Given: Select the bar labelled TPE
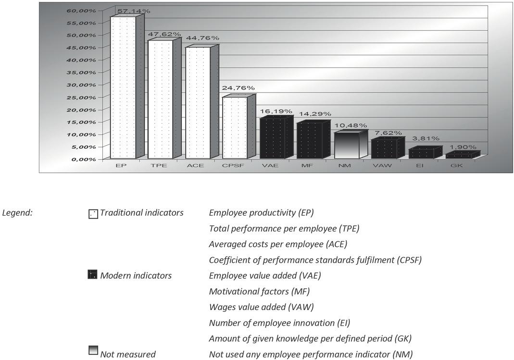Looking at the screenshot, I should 160,99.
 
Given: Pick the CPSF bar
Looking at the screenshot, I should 235,128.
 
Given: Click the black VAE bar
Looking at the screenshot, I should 272,138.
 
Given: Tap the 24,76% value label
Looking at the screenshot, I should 238,88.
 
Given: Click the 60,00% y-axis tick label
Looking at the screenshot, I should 84,10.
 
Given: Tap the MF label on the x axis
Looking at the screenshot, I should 307,166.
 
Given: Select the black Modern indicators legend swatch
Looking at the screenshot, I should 93,275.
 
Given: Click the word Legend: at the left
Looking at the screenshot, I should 17,212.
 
